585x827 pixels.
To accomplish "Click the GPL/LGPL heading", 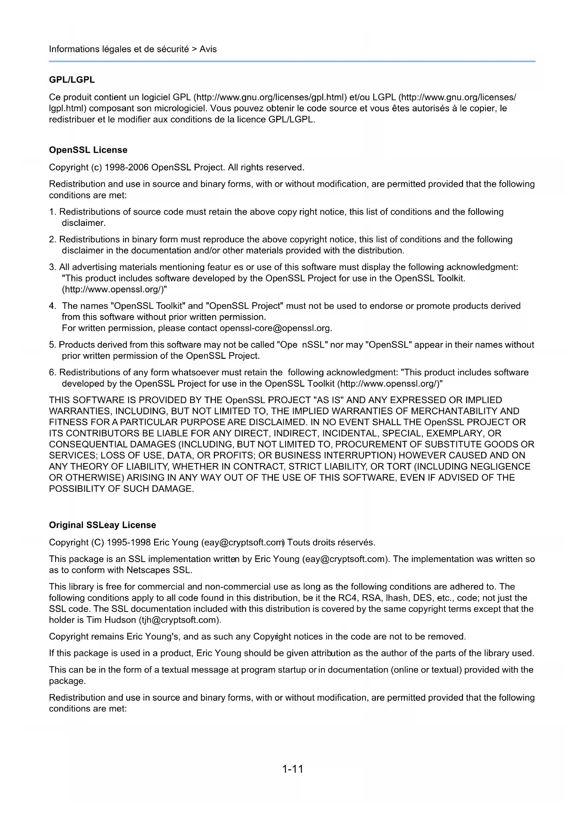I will click(x=72, y=80).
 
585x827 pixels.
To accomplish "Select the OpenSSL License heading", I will click(x=88, y=150).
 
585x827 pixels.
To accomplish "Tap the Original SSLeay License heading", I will click(x=102, y=525).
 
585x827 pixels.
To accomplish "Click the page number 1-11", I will click(x=292, y=769).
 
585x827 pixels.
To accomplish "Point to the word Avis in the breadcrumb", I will click(x=208, y=49).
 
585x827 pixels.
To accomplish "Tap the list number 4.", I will click(x=52, y=306).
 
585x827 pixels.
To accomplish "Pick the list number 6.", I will click(x=52, y=372).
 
